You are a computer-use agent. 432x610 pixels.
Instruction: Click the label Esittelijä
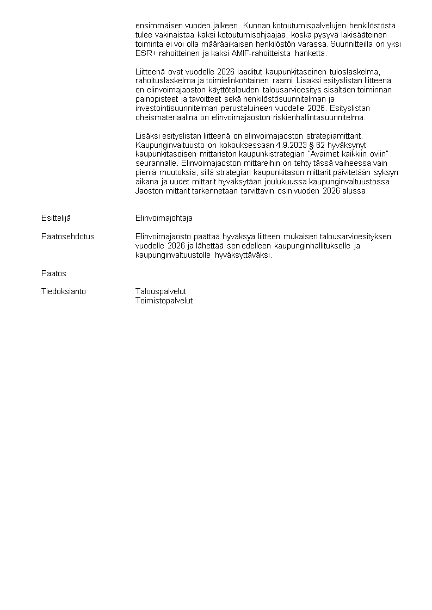56,218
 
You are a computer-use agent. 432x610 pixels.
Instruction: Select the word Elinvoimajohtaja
164,218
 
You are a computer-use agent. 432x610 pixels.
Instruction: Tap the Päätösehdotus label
68,236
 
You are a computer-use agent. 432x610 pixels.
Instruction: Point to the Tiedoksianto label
64,291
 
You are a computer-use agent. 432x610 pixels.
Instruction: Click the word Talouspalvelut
161,291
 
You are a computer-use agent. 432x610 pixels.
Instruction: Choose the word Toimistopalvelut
164,301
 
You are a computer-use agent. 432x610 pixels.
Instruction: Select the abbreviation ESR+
145,53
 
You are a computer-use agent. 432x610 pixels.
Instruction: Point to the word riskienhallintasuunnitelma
319,117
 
